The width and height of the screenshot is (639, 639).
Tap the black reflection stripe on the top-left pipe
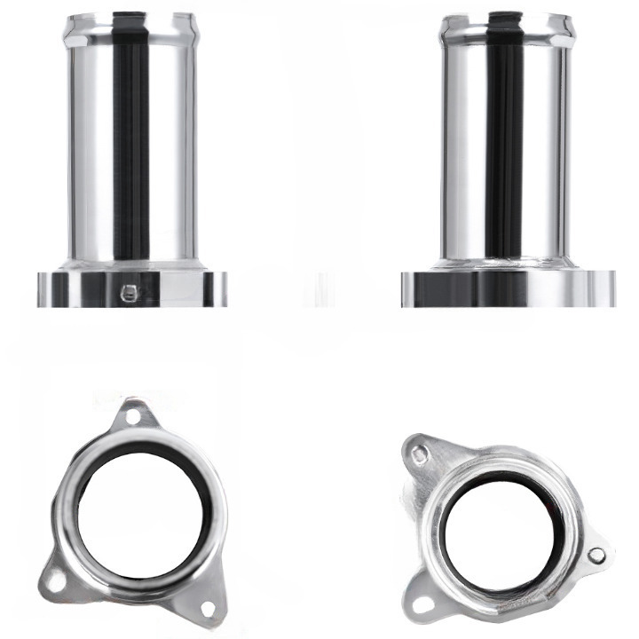tap(130, 142)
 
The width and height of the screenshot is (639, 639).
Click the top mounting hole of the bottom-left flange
tap(133, 414)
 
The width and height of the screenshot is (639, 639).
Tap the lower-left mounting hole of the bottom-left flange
tap(56, 581)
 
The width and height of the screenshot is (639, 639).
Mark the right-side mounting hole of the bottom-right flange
tap(597, 556)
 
